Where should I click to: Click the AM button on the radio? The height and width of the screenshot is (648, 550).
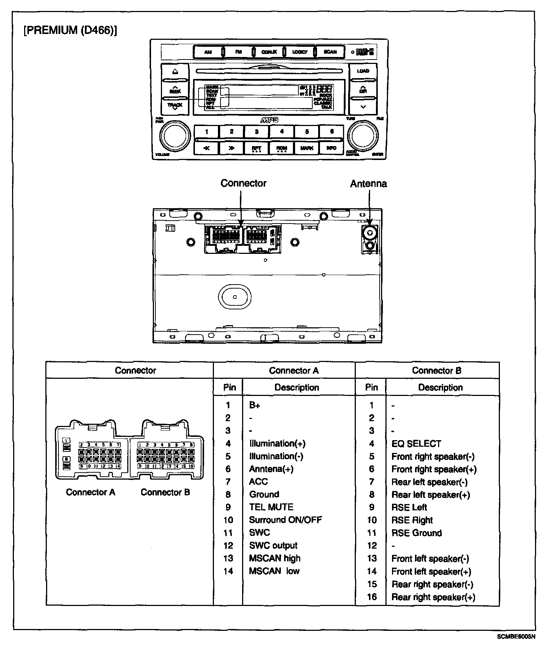(208, 52)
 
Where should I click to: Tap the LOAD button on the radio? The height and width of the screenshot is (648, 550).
(363, 71)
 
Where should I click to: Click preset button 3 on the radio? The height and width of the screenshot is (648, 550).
(257, 131)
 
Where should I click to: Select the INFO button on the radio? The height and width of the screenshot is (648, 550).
(331, 148)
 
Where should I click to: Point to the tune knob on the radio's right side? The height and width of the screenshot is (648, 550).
(363, 135)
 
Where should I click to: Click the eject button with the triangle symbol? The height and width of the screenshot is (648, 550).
(175, 71)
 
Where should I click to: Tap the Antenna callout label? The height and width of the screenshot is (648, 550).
(368, 184)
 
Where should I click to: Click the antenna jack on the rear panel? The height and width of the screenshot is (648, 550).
(370, 232)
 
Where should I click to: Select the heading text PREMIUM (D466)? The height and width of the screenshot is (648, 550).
(70, 30)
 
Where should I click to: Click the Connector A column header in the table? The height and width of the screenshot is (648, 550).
(294, 371)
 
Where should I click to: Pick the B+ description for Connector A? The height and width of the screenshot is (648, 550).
(255, 405)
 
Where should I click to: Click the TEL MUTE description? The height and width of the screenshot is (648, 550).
(271, 507)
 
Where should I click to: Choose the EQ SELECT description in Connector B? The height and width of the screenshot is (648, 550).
(416, 444)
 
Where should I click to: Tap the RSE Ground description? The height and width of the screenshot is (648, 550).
(417, 533)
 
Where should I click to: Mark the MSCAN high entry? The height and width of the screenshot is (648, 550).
(275, 558)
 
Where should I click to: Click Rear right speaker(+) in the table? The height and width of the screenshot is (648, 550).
(433, 597)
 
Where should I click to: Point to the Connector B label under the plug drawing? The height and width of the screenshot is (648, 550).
(165, 492)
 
